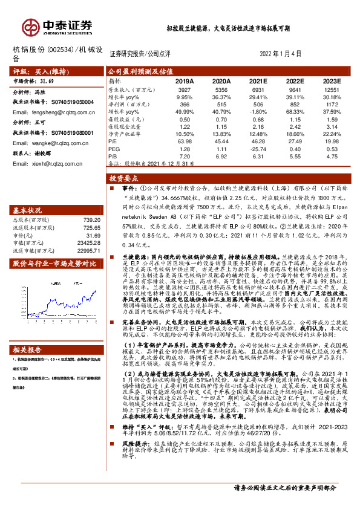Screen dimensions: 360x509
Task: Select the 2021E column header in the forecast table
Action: (258, 80)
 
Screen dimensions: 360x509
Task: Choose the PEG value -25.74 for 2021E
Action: (258, 148)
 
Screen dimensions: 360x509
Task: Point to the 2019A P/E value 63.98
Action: (185, 140)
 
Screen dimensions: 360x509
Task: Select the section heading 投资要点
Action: (123, 180)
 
